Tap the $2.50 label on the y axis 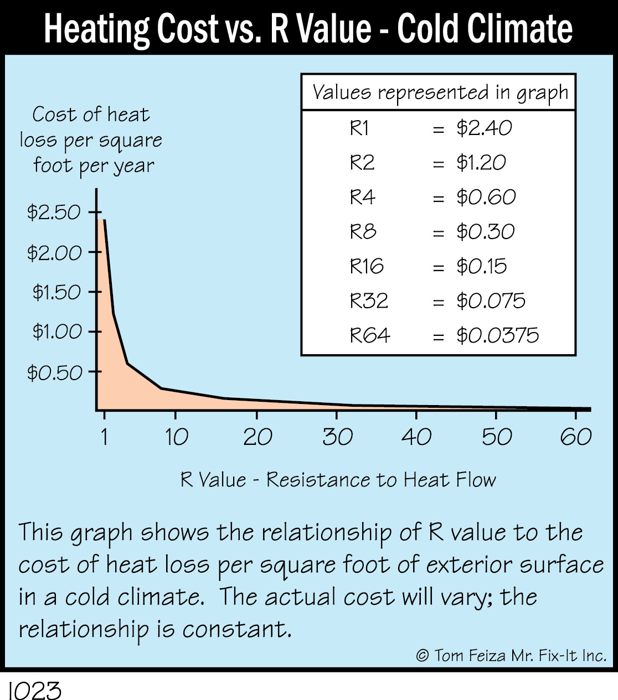[54, 212]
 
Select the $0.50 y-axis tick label [54, 372]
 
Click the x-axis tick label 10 [176, 437]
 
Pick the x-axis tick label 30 [337, 437]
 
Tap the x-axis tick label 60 [575, 437]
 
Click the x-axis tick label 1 [104, 437]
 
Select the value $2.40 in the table [484, 128]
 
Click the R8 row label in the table [363, 231]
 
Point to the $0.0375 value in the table [497, 335]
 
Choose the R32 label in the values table [369, 301]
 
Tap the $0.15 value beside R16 [481, 266]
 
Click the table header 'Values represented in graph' [440, 92]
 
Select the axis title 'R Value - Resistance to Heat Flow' [338, 479]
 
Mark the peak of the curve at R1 [104, 220]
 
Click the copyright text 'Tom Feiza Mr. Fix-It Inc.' [519, 656]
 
